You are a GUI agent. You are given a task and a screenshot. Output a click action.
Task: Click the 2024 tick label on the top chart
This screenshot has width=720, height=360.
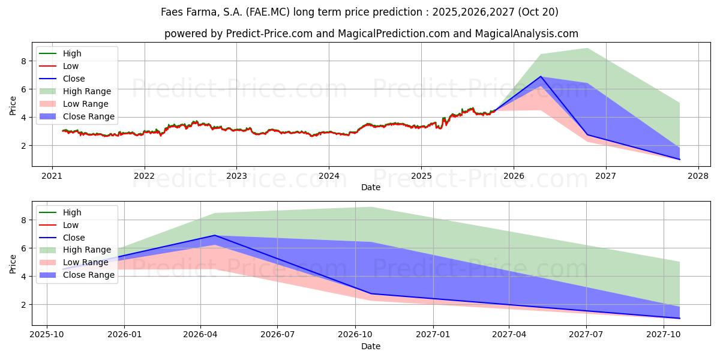(x=329, y=175)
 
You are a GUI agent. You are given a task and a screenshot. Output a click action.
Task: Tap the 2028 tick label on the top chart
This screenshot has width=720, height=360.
(x=698, y=175)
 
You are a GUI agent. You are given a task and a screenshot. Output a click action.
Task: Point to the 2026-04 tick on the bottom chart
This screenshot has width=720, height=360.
(x=200, y=334)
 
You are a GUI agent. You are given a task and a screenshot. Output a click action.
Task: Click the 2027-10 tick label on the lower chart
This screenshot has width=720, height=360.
(x=664, y=334)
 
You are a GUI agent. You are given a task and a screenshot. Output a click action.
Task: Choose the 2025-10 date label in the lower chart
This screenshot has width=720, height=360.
(x=47, y=334)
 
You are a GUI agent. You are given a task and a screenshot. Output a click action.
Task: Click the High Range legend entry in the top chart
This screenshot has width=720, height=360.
(x=87, y=91)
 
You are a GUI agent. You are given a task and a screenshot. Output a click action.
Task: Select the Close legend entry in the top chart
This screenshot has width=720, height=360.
(x=74, y=79)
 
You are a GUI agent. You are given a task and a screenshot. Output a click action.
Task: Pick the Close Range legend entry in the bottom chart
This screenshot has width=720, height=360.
(x=88, y=275)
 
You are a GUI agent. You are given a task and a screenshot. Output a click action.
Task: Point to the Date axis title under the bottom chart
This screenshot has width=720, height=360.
(x=370, y=346)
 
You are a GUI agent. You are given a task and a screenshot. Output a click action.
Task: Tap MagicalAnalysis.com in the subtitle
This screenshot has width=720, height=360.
(x=526, y=34)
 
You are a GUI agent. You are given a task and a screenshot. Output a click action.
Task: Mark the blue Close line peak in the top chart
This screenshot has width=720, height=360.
(x=541, y=76)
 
